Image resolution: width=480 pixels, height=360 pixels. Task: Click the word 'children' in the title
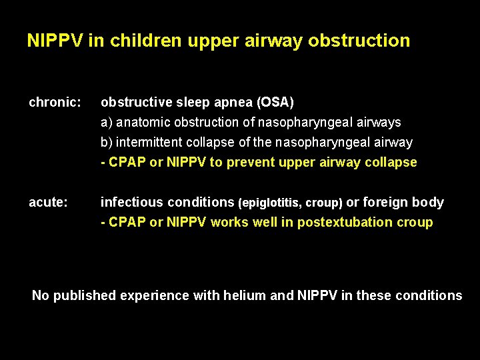tap(145, 41)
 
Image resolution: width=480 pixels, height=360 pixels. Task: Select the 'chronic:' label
tap(55, 103)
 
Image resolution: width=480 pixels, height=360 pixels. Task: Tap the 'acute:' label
tap(48, 203)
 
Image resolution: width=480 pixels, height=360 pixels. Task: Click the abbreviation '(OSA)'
tap(275, 103)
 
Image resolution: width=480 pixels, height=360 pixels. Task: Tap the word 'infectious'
tap(131, 203)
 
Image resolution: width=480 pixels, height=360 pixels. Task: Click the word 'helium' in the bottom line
tap(246, 295)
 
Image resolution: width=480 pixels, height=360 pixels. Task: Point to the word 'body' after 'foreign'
tap(428, 203)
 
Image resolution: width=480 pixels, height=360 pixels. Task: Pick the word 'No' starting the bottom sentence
tap(41, 295)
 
